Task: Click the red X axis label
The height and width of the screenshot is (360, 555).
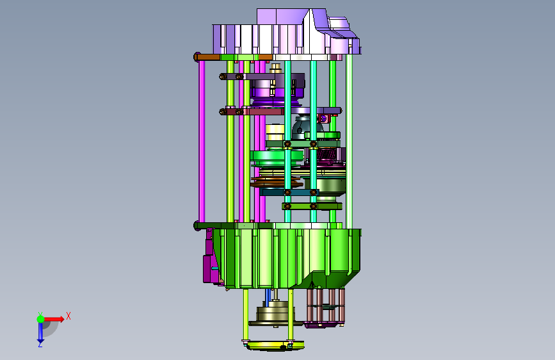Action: (68, 316)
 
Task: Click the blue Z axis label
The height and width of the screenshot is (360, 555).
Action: (40, 344)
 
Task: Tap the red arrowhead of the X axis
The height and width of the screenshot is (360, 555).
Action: (61, 319)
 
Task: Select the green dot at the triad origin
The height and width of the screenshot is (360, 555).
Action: (41, 319)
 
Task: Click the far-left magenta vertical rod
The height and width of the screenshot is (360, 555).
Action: (202, 141)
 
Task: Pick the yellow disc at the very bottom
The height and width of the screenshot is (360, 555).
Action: (275, 345)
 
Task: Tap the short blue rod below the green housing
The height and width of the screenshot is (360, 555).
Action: (268, 297)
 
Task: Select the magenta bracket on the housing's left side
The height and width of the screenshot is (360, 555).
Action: (209, 261)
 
